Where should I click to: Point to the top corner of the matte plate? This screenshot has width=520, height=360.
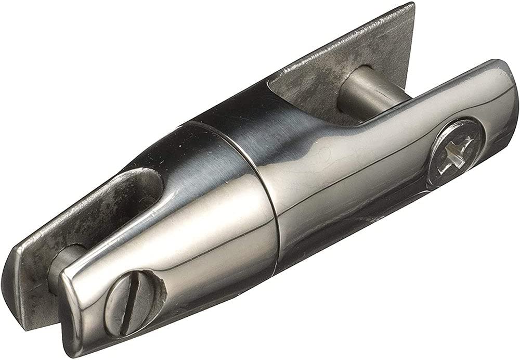[411, 6]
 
